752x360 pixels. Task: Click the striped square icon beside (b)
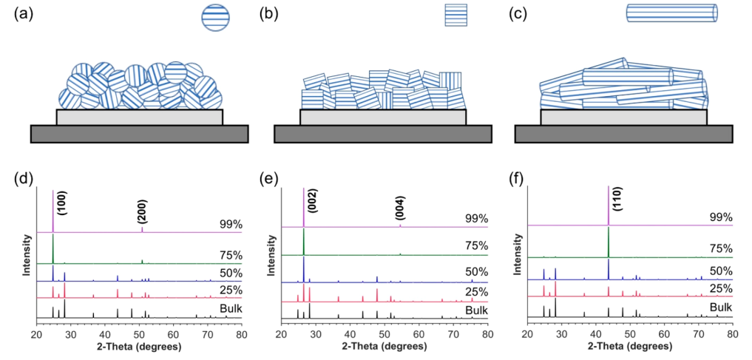tap(455, 15)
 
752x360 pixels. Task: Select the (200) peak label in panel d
tap(142, 213)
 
